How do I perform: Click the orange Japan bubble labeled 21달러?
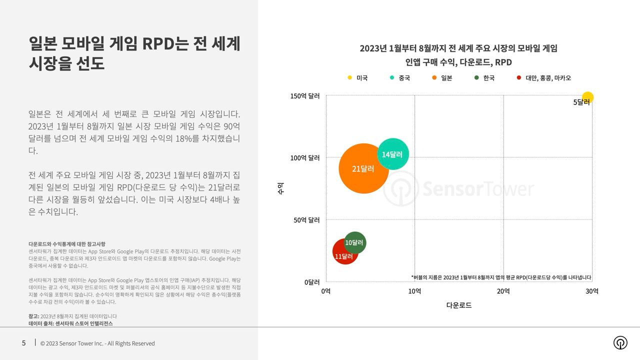(363, 168)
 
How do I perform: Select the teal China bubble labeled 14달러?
(393, 154)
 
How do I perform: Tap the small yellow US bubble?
(588, 97)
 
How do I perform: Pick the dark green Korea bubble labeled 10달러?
(355, 242)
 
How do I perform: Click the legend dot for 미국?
(350, 78)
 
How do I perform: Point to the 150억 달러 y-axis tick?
(305, 96)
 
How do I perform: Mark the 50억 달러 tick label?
(306, 220)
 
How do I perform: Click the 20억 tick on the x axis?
(503, 291)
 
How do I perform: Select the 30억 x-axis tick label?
(592, 291)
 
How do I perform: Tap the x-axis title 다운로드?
(459, 305)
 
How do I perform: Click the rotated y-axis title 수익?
(280, 188)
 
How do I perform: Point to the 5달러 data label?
(581, 102)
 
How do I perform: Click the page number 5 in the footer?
(23, 343)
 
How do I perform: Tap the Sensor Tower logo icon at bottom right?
(620, 342)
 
